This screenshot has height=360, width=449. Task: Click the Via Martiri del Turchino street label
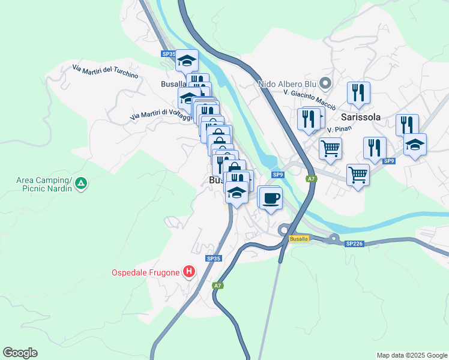click(105, 72)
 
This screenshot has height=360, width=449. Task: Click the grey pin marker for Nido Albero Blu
click(326, 83)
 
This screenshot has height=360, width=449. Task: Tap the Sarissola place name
click(360, 118)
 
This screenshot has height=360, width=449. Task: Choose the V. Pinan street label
click(339, 129)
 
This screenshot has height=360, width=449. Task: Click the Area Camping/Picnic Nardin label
click(44, 184)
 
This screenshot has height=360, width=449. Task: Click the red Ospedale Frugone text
click(146, 272)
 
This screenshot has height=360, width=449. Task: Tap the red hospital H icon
click(189, 272)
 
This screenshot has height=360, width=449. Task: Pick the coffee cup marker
click(271, 198)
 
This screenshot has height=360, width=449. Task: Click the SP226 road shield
click(354, 244)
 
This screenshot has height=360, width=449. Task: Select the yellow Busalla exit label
click(298, 239)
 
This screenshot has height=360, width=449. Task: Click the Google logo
click(20, 353)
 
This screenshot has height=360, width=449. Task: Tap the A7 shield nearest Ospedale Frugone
click(218, 286)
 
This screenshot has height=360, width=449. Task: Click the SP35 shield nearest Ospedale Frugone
click(214, 259)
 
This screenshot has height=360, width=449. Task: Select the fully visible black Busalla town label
click(173, 85)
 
